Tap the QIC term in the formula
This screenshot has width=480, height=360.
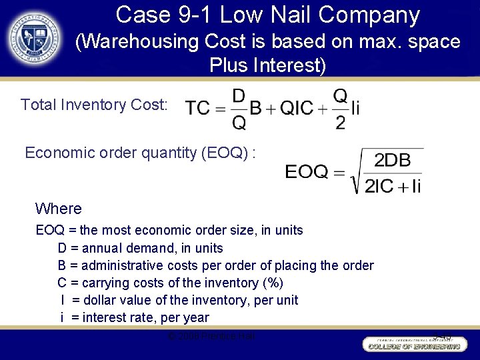coord(297,108)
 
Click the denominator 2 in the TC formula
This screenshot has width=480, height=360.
coord(340,123)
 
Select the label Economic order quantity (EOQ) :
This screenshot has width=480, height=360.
coord(141,153)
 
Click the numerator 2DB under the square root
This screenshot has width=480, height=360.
coord(393,161)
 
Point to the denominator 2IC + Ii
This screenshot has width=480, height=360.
coord(393,185)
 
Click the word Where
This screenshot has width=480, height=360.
coord(59,209)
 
